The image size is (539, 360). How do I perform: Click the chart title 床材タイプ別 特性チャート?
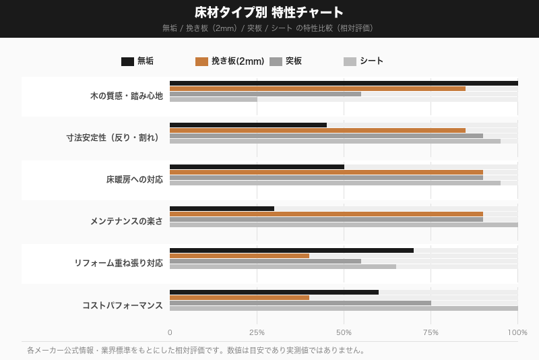[x=269, y=12]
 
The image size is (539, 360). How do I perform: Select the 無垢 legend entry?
[x=137, y=61]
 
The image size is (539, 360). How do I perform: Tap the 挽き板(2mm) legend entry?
[x=230, y=61]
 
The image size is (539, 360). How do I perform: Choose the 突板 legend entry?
[x=286, y=61]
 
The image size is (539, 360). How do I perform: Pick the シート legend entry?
[x=364, y=61]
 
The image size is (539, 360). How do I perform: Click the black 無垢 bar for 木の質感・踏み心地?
[x=344, y=84]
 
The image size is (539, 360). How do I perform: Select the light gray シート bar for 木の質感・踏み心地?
[x=214, y=100]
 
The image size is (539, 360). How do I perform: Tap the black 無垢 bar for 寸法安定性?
[x=248, y=125]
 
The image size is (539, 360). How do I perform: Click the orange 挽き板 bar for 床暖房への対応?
[x=326, y=173]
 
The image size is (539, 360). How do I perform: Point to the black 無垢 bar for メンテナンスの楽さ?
[x=222, y=209]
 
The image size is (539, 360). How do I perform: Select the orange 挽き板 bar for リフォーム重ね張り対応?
[x=239, y=256]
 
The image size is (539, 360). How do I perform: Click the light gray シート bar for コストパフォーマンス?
[x=344, y=309]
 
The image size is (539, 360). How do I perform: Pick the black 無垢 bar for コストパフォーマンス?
[x=274, y=293]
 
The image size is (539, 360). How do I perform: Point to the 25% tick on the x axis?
[x=257, y=332]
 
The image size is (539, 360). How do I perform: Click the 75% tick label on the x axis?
[x=431, y=332]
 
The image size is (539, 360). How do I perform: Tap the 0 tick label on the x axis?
[x=170, y=332]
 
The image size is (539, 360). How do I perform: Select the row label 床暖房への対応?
[x=134, y=180]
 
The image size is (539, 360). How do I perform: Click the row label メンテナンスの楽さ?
[x=127, y=221]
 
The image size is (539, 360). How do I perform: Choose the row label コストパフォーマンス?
[x=123, y=305]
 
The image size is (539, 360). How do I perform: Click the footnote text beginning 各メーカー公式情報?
[x=195, y=351]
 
